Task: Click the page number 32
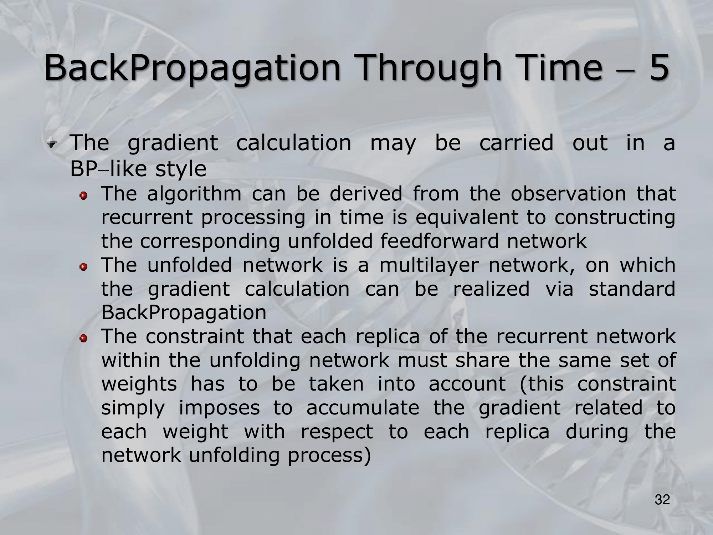(662, 500)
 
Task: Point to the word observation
(568, 194)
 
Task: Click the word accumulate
(363, 408)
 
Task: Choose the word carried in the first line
(516, 143)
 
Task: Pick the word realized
(491, 289)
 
